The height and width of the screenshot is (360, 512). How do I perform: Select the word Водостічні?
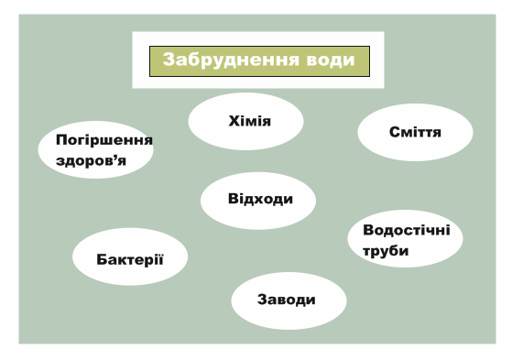coord(407,229)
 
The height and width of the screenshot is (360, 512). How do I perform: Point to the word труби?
coord(385,250)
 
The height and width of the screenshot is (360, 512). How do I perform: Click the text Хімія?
coord(249,120)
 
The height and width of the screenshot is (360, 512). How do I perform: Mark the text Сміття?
coord(415,133)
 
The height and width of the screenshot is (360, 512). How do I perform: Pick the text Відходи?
coord(259,199)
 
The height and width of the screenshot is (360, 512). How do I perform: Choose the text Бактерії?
coord(129,256)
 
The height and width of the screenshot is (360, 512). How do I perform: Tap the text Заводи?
coord(288,300)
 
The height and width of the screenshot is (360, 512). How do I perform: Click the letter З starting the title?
coord(169,60)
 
